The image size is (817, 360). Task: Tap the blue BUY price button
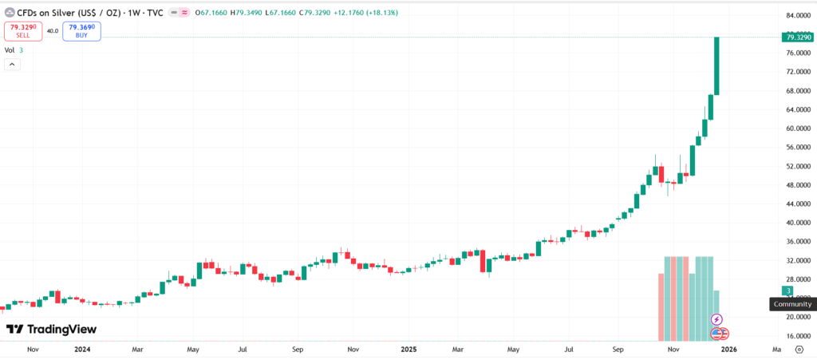point(81,31)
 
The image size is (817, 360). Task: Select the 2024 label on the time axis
point(81,350)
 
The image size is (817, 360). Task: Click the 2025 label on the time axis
point(408,350)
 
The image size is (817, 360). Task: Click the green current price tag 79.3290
point(798,37)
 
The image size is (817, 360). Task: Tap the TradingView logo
point(51,329)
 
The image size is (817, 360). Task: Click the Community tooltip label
point(792,304)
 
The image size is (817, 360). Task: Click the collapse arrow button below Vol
point(12,64)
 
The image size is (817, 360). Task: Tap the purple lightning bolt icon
point(716,319)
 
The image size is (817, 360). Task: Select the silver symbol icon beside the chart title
point(9,12)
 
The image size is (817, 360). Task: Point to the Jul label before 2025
point(242,350)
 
